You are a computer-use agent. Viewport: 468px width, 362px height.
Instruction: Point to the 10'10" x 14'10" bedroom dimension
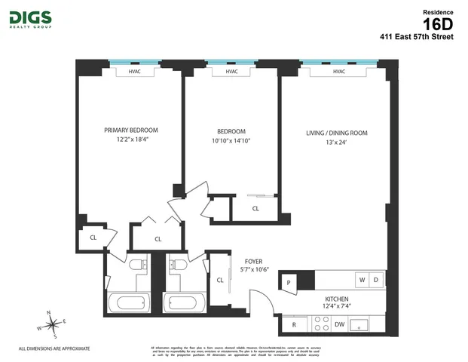231,140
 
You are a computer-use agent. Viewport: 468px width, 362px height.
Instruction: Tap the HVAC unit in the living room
338,72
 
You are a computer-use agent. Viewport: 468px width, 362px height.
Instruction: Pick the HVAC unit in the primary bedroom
134,72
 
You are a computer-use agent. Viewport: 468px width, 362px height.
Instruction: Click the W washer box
362,280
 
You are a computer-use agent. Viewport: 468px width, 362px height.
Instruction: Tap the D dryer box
377,280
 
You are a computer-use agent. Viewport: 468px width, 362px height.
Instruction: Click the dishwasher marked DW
340,324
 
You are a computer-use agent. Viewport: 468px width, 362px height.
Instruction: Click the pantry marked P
289,282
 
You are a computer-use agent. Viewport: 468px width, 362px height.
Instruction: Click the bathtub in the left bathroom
130,305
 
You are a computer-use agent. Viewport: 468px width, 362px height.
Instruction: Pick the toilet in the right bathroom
177,265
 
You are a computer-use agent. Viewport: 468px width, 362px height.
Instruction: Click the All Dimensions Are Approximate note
54,348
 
